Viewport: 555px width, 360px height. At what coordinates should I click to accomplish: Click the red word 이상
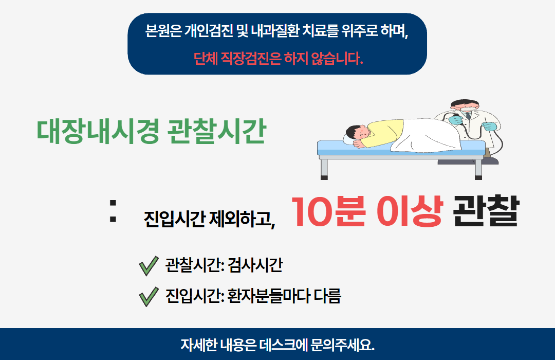tap(409, 211)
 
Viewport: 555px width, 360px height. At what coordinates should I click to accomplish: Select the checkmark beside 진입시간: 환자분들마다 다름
tap(148, 297)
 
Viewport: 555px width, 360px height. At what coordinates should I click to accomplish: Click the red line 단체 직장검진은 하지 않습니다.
tap(278, 59)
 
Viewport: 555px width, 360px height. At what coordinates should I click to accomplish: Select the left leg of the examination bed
tap(324, 168)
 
